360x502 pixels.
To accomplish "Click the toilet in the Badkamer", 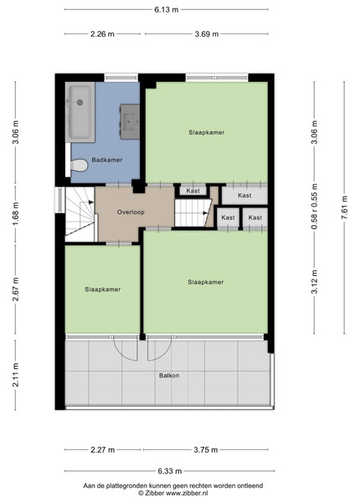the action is tap(79, 166).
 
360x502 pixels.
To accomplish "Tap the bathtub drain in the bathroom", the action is tap(80, 102).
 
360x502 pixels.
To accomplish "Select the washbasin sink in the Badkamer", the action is tap(130, 121).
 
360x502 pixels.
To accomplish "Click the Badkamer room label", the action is tap(107, 160).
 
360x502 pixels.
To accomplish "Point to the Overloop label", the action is tap(131, 212).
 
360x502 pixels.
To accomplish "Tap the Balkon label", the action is tap(169, 375).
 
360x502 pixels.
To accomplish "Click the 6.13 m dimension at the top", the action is tap(167, 9).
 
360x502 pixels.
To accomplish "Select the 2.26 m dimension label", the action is tap(102, 34).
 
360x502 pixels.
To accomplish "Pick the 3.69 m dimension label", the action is tap(207, 34).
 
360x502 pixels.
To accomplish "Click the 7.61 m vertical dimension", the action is tap(344, 207).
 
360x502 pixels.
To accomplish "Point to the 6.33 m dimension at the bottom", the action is tap(170, 471).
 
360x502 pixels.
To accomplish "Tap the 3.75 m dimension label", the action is tap(206, 450).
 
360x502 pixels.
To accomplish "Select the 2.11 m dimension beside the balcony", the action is tap(15, 375).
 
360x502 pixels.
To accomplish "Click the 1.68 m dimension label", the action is tap(15, 213).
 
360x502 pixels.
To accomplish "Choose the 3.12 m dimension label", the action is tap(315, 282).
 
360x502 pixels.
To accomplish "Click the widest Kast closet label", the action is tap(244, 195).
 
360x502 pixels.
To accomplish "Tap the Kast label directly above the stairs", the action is tap(193, 191).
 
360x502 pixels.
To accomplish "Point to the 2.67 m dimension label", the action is tap(15, 289).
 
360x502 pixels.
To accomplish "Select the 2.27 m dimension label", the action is tap(102, 450).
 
